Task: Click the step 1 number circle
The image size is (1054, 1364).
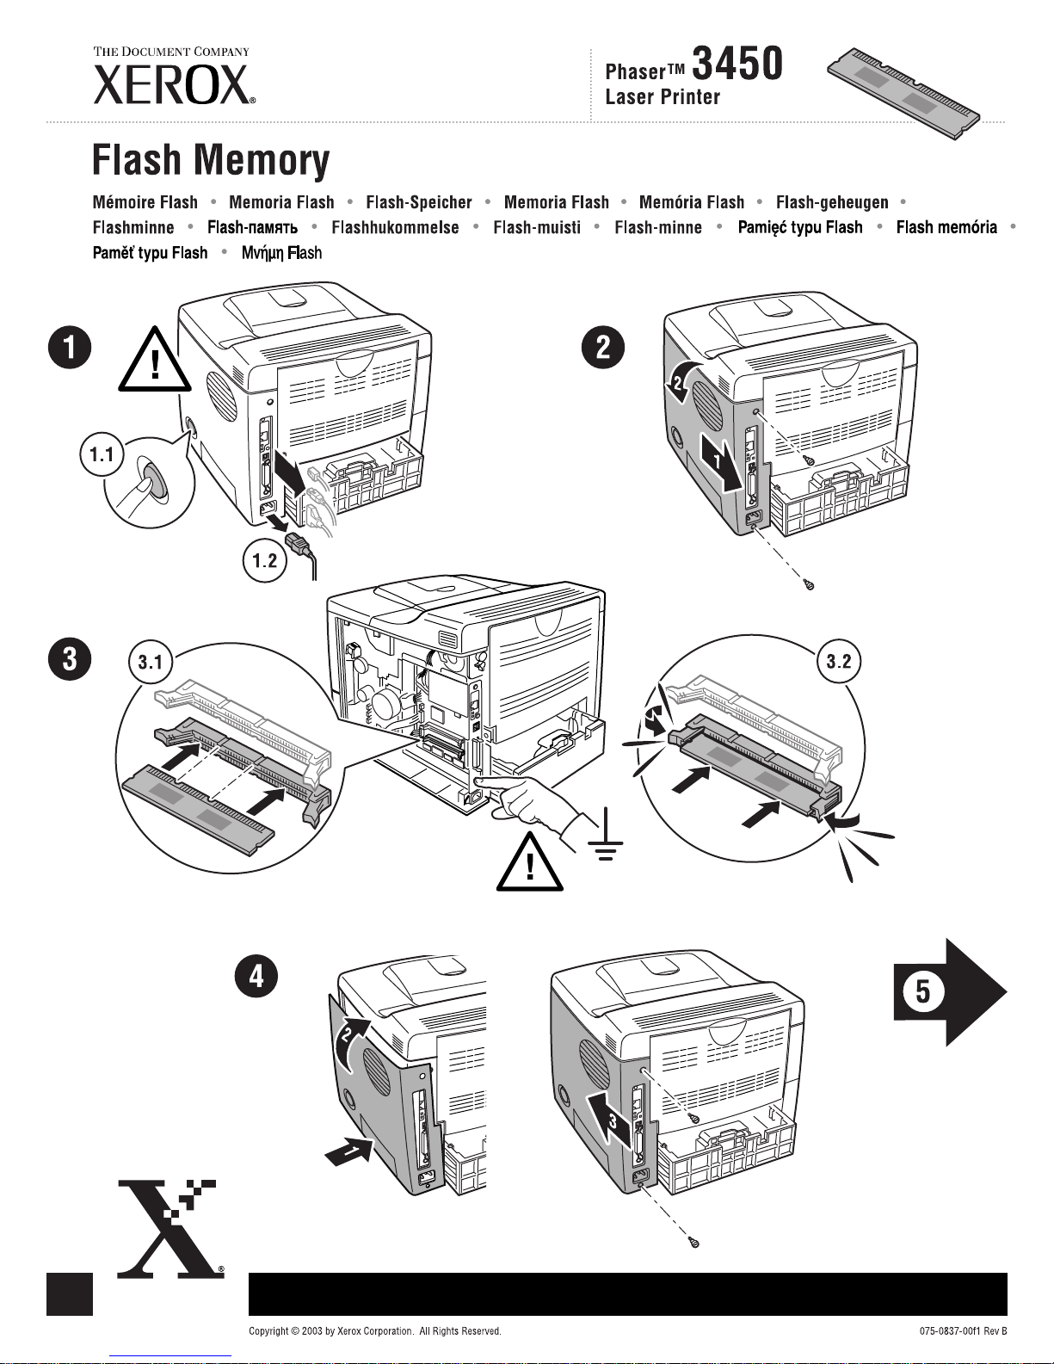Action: [x=68, y=349]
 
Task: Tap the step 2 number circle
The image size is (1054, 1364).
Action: [x=603, y=348]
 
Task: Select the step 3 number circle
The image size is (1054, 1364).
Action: [x=68, y=661]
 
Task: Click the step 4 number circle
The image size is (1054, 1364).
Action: [x=257, y=978]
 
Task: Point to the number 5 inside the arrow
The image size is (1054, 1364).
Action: [x=921, y=991]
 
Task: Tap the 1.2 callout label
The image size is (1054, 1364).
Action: [x=264, y=561]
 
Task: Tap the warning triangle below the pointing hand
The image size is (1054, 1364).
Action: [x=530, y=863]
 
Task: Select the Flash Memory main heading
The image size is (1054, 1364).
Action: [x=211, y=161]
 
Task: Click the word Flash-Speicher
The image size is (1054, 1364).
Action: [x=419, y=202]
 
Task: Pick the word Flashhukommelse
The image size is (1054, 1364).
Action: [x=395, y=228]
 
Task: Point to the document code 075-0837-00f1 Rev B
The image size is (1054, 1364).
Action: [x=962, y=1331]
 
